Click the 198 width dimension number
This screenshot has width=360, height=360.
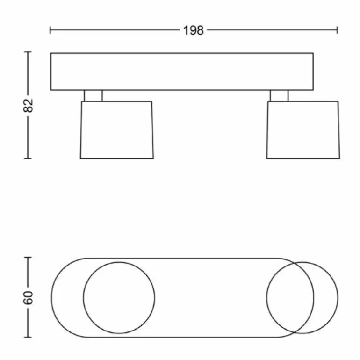193,30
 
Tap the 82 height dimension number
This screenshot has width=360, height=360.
28,106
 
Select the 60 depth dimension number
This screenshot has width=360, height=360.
28,298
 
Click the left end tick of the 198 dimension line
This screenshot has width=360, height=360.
50,30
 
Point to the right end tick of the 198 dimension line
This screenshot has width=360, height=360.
337,30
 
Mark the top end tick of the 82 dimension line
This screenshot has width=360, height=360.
28,52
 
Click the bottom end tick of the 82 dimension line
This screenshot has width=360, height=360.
28,158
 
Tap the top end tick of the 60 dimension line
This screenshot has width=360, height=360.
28,258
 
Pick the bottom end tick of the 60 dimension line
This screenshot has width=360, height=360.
28,337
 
